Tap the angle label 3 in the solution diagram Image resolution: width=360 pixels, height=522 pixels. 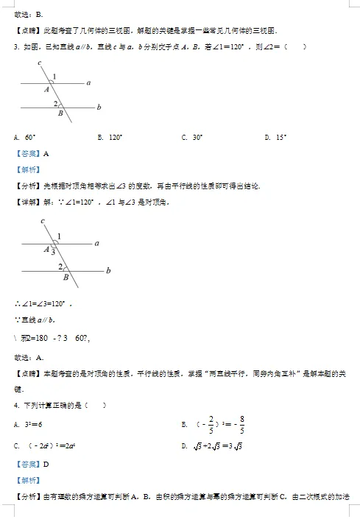tap(53, 252)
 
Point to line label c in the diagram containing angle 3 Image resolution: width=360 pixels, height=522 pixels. tap(43, 221)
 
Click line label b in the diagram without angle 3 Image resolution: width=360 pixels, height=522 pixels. tap(99, 107)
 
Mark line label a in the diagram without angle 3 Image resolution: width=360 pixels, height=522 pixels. tap(88, 82)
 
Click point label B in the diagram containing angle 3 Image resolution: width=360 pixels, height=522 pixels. tap(66, 278)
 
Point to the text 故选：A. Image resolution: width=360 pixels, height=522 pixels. tap(29, 357)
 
